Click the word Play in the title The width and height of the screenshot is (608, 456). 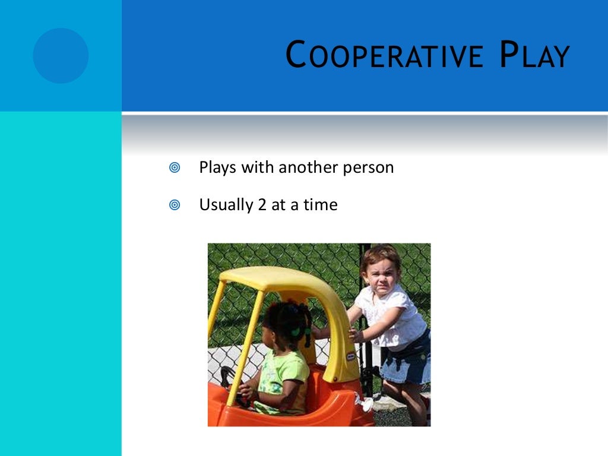[533, 56]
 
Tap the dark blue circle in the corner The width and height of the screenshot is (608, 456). [61, 55]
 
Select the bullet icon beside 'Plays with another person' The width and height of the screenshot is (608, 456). [174, 168]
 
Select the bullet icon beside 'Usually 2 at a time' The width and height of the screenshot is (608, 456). [174, 205]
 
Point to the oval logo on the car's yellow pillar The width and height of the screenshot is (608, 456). [351, 356]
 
